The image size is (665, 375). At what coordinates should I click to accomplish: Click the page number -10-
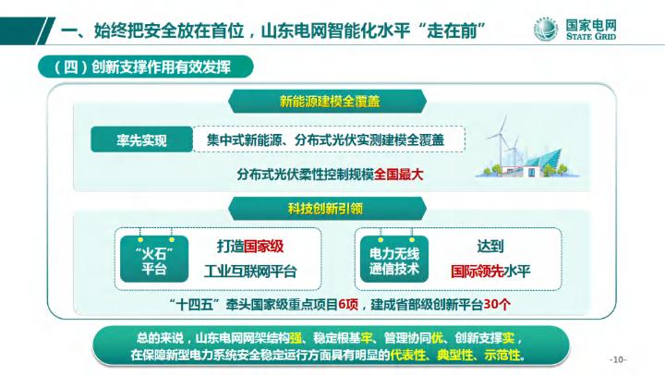(618, 358)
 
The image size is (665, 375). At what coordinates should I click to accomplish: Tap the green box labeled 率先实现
(140, 141)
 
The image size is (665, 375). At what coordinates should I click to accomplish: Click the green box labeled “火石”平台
(154, 260)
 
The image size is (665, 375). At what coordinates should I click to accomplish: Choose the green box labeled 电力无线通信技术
(394, 260)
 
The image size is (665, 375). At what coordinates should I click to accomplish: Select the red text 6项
(348, 304)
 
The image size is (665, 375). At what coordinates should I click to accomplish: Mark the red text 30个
(495, 304)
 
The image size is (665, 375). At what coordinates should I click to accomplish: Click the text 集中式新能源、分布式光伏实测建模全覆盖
(319, 141)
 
